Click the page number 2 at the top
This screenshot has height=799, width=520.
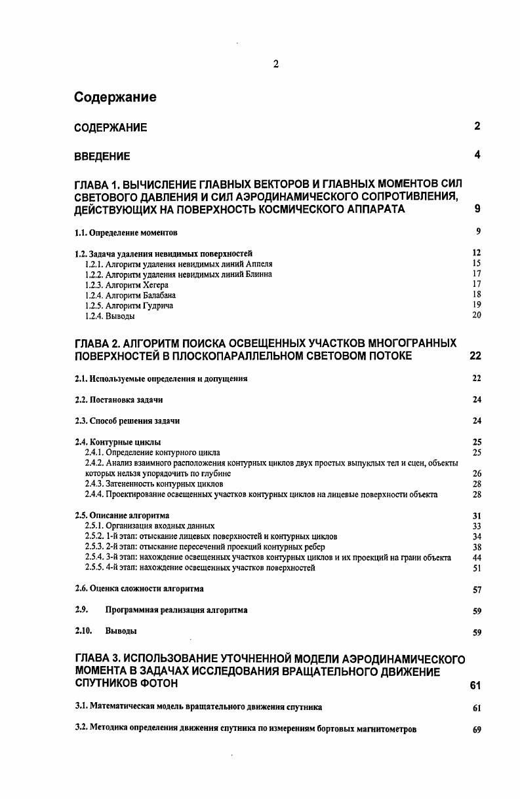275,64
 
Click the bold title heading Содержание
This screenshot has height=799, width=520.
115,98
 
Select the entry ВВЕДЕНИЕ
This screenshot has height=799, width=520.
102,157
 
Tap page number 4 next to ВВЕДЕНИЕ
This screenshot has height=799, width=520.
478,155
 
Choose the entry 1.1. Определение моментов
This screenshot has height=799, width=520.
126,232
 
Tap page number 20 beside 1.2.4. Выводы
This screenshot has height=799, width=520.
477,316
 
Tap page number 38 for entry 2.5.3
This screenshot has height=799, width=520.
477,547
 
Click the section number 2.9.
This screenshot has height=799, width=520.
82,610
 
